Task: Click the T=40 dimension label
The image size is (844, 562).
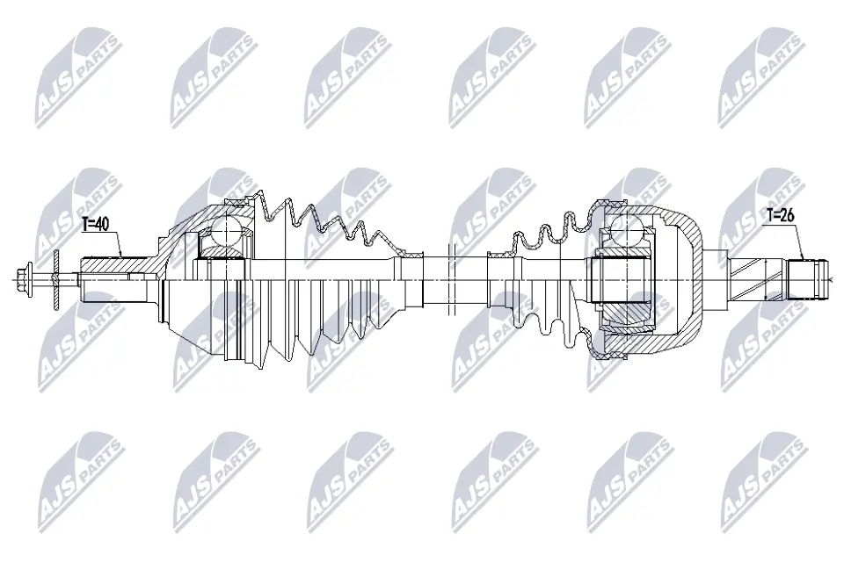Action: point(95,225)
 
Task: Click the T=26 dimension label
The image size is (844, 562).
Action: point(781,213)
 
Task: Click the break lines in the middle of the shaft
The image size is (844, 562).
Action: point(449,279)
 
